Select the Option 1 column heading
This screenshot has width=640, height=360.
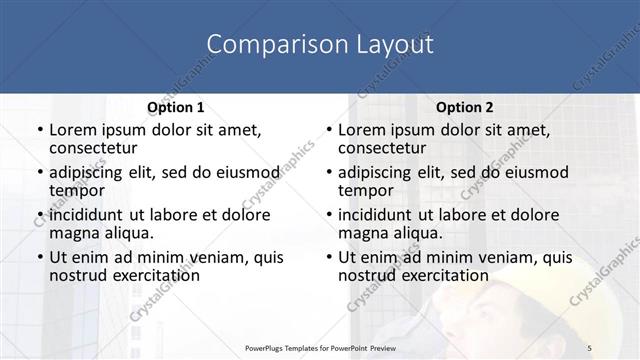click(175, 107)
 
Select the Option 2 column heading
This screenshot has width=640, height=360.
click(463, 107)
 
